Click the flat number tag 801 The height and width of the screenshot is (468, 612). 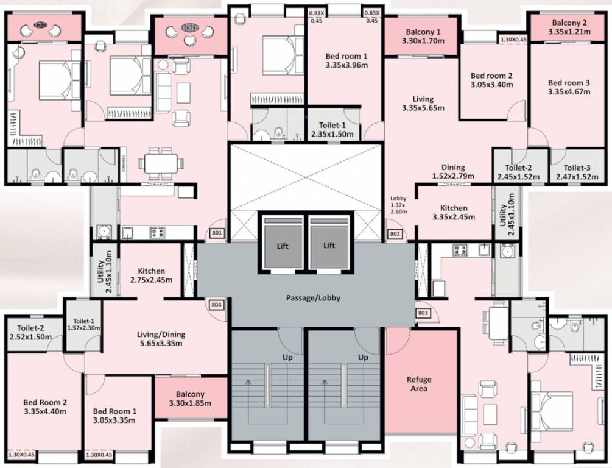(x=217, y=233)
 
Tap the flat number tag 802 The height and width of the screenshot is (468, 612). (x=394, y=233)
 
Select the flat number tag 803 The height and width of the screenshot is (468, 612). (x=424, y=313)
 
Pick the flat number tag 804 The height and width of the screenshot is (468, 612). (x=216, y=305)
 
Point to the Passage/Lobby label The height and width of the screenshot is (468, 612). (x=313, y=299)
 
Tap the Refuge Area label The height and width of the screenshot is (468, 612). (x=419, y=384)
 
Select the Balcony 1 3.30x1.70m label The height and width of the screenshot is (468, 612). (x=421, y=37)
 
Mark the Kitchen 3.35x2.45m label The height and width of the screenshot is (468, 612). (x=454, y=212)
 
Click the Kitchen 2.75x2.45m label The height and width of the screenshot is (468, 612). (x=151, y=275)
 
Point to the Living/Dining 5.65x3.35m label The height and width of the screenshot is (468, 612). (x=161, y=339)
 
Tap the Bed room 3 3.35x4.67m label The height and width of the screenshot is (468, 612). (x=569, y=88)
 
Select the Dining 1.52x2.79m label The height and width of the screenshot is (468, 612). (x=453, y=172)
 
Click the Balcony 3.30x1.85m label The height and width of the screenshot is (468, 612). (x=191, y=399)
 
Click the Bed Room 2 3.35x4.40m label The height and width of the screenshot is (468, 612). (x=45, y=406)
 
